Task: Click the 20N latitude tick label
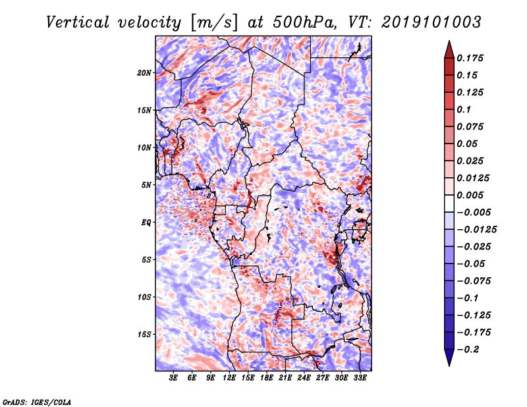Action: [x=144, y=73]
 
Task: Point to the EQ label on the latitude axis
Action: [x=146, y=223]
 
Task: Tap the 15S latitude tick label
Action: [x=144, y=335]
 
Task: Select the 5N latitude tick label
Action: [x=146, y=185]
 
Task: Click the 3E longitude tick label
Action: [x=173, y=377]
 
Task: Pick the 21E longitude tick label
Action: [x=285, y=377]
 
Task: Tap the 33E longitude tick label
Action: [x=360, y=377]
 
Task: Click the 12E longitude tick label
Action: [x=229, y=377]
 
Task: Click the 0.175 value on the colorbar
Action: [x=470, y=58]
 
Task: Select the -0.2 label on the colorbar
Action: [x=468, y=350]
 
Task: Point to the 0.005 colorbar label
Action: [x=470, y=195]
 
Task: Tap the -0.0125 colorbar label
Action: [x=477, y=230]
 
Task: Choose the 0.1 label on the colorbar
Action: [x=464, y=109]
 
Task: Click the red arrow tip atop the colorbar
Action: [x=449, y=41]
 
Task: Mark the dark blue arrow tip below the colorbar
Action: [x=449, y=365]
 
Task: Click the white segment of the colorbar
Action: [x=449, y=203]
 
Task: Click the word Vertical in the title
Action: [x=78, y=22]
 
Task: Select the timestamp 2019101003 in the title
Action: [x=431, y=22]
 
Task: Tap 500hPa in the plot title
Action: [x=304, y=22]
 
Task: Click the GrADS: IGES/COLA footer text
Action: [x=37, y=402]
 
